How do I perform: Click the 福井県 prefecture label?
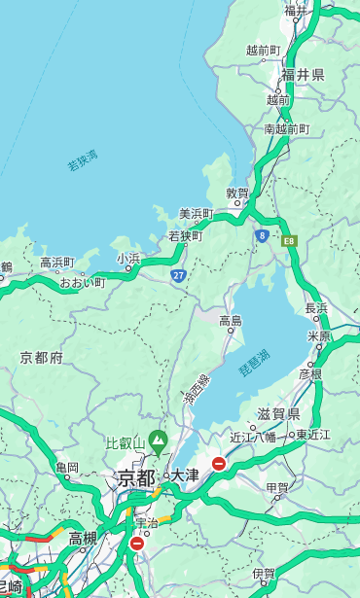[x=303, y=75]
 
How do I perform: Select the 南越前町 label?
[x=287, y=128]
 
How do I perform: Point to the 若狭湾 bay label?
[x=83, y=161]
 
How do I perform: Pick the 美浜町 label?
[x=196, y=214]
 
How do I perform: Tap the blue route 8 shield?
[x=262, y=235]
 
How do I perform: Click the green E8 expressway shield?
[x=289, y=240]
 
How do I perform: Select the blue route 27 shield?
[x=179, y=276]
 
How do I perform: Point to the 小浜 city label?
[x=128, y=258]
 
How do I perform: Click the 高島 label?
[x=231, y=320]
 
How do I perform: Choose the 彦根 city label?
[x=310, y=373]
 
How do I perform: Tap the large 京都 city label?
[x=136, y=477]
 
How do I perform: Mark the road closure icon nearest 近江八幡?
[x=219, y=465]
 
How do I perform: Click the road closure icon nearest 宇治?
[x=136, y=544]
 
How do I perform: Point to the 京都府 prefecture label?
[x=42, y=358]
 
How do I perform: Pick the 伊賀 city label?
[x=263, y=574]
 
